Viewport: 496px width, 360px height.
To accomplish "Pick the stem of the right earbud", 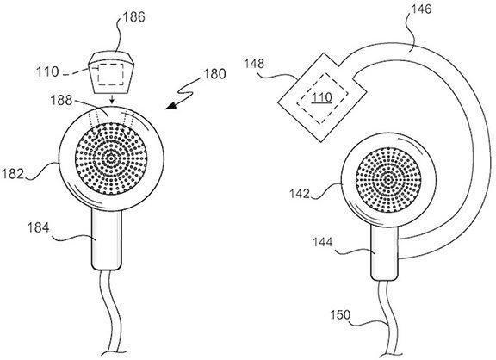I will pyautogui.click(x=386, y=255).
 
